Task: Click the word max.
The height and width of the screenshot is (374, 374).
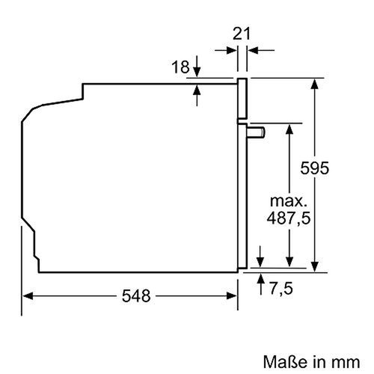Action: [x=288, y=201]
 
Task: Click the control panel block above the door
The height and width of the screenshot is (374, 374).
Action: [x=242, y=98]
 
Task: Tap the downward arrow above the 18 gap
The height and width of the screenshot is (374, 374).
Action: [x=197, y=71]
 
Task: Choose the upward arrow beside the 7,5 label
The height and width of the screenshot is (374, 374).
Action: [x=260, y=278]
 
